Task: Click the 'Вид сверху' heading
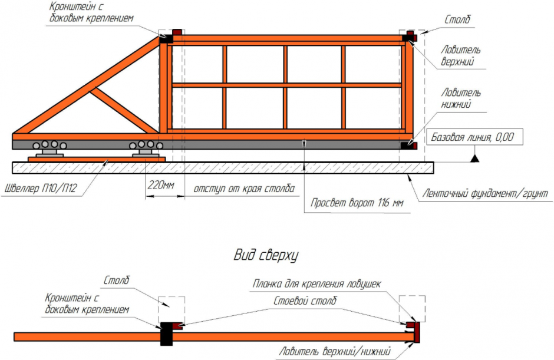coord(265,255)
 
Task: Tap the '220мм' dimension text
coord(161,186)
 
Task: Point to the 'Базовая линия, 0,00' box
coord(473,138)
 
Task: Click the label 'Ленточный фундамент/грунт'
coord(485,193)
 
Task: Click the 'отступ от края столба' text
coord(244,189)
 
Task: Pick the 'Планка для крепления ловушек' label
coord(317,284)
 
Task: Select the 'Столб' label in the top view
coord(116,280)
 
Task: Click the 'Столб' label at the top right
coord(457,20)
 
